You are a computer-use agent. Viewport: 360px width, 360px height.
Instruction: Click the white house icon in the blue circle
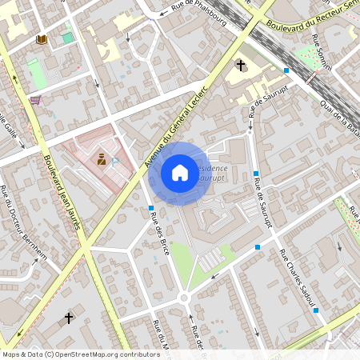click(x=179, y=173)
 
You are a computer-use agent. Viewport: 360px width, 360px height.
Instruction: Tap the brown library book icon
click(x=41, y=38)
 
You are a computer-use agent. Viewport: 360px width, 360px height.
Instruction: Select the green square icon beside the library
click(x=67, y=38)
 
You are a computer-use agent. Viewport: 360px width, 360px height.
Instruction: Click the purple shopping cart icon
click(x=35, y=100)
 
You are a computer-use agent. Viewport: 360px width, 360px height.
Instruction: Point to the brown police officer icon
click(x=102, y=159)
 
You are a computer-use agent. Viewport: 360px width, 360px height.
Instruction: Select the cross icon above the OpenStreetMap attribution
click(x=69, y=318)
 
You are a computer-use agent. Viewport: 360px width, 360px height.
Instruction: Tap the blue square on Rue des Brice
click(x=151, y=208)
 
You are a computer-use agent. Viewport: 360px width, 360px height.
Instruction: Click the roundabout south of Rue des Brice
click(x=184, y=298)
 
